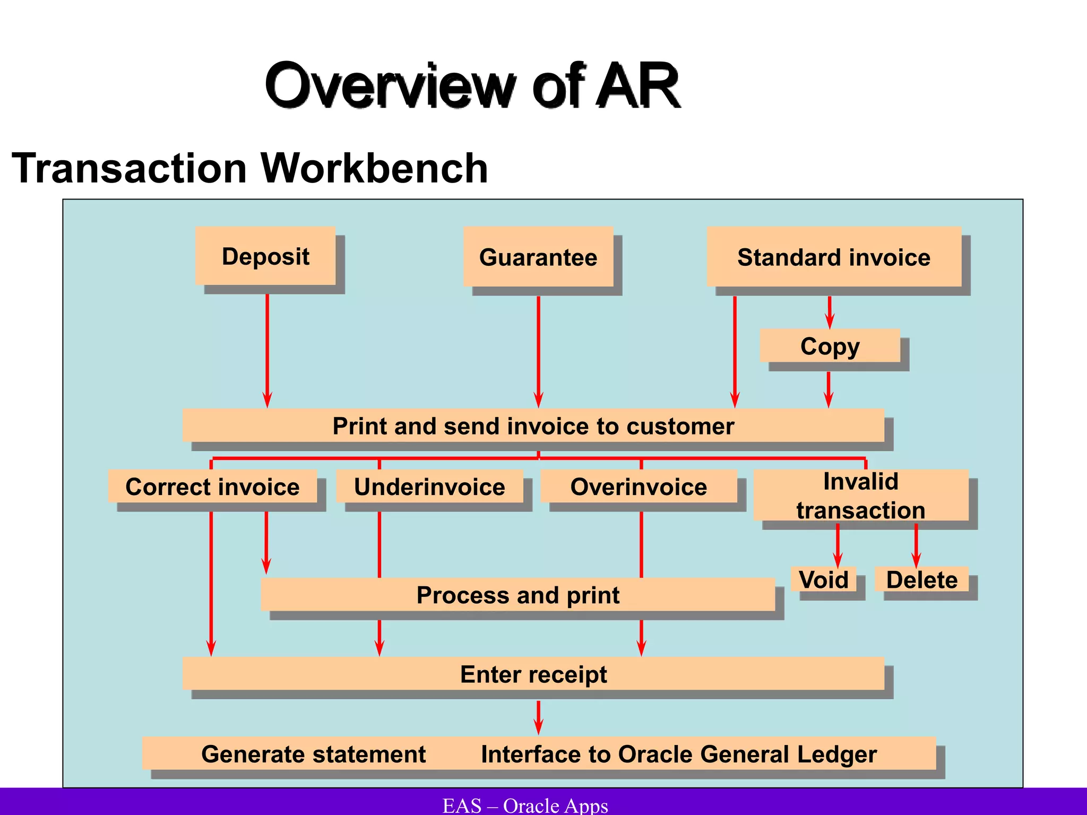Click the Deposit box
coord(265,256)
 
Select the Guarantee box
coord(538,257)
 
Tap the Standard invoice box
coord(834,257)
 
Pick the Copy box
coord(830,346)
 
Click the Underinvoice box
coord(429,487)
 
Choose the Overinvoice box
coord(639,487)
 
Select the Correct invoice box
coord(212,487)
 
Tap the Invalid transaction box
coord(860,496)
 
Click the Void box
coord(823,579)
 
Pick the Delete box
coord(921,579)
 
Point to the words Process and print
coord(517,595)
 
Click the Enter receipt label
coord(533,674)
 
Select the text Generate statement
coord(313,754)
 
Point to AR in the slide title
coord(637,86)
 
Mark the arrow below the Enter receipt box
coord(538,717)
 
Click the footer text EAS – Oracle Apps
coord(525,805)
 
